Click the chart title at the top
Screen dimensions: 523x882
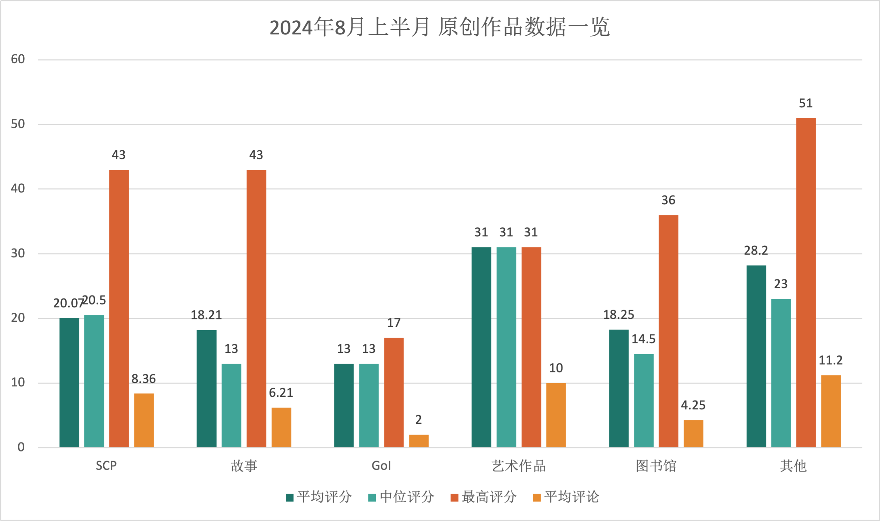pyautogui.click(x=440, y=27)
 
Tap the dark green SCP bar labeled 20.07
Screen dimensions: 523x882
pyautogui.click(x=69, y=383)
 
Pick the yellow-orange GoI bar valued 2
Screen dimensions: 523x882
pyautogui.click(x=419, y=441)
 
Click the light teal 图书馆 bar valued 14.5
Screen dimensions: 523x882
pyautogui.click(x=644, y=401)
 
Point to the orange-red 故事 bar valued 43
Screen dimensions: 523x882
pyautogui.click(x=256, y=309)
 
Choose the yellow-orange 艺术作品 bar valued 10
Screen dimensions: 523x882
pyautogui.click(x=556, y=415)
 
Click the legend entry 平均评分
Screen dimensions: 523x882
pyautogui.click(x=319, y=497)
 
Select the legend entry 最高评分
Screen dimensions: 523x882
pyautogui.click(x=484, y=497)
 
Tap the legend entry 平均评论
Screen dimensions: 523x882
pyautogui.click(x=566, y=497)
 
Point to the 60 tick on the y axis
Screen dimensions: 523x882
pyautogui.click(x=18, y=59)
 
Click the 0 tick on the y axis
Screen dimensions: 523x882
pyautogui.click(x=21, y=448)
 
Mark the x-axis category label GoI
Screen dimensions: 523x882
pyautogui.click(x=381, y=466)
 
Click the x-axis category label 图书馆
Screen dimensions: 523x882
pyautogui.click(x=656, y=466)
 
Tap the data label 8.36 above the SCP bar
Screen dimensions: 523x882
pyautogui.click(x=144, y=379)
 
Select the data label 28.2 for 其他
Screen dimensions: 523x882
pyautogui.click(x=756, y=251)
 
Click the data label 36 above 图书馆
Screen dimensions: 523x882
pyautogui.click(x=668, y=200)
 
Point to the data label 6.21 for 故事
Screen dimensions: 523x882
pyautogui.click(x=281, y=393)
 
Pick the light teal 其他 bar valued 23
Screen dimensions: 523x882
pyautogui.click(x=781, y=373)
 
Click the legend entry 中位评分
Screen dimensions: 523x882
pyautogui.click(x=401, y=497)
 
